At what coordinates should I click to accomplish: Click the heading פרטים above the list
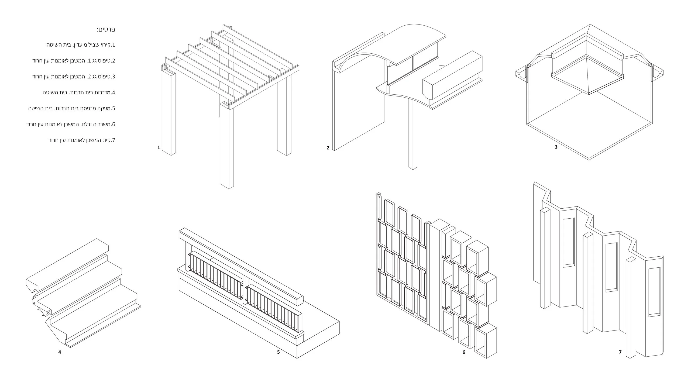(106, 29)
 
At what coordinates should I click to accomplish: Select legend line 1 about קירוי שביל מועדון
(81, 45)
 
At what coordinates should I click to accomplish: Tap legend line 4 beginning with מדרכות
(79, 92)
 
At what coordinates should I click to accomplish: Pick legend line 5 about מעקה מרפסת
(72, 108)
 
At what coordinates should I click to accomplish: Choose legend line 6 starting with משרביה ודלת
(71, 124)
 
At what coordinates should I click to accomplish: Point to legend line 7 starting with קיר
(82, 140)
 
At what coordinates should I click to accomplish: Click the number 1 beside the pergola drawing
(159, 147)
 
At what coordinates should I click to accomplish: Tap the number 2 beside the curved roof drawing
(328, 148)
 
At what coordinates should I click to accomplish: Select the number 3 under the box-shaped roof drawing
(556, 147)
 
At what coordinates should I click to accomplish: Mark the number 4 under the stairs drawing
(60, 352)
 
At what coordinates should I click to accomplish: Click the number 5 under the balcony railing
(278, 352)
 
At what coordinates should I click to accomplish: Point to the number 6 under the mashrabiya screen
(464, 352)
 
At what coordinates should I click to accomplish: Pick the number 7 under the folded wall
(620, 352)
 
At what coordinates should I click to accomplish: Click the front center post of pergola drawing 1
(226, 148)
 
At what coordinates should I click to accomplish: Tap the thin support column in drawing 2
(412, 135)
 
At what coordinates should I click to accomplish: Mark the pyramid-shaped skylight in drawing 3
(588, 75)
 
